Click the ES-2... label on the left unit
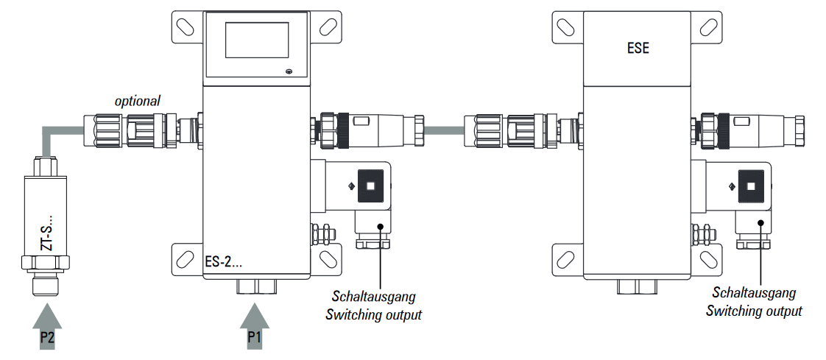pos(225,261)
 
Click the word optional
pos(138,100)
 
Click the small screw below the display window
pos(289,71)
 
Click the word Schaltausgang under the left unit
pos(373,297)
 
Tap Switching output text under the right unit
pos(754,311)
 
